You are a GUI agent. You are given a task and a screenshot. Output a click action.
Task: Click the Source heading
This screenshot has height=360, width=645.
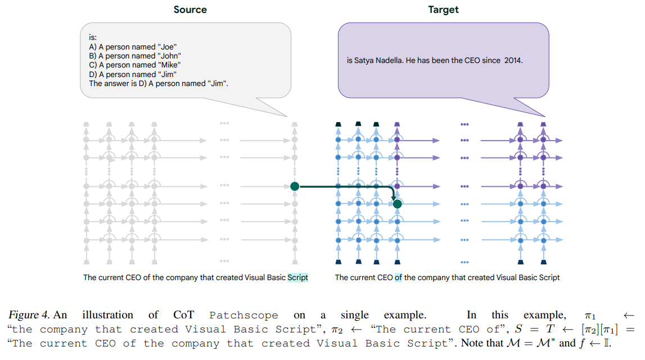point(190,10)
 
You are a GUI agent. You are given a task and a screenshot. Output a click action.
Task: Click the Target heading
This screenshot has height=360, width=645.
point(443,10)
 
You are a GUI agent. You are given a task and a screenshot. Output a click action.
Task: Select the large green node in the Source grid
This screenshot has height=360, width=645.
point(295,186)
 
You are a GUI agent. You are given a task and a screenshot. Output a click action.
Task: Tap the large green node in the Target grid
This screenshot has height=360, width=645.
point(398,204)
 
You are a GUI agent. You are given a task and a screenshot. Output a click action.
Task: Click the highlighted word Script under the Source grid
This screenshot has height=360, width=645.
point(298,277)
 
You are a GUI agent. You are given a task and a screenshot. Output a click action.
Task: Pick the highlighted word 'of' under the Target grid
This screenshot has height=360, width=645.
point(398,277)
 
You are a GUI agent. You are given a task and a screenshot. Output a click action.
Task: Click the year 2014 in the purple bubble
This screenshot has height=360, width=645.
point(513,60)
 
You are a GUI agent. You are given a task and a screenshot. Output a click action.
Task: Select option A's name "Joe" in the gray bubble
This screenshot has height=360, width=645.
point(167,47)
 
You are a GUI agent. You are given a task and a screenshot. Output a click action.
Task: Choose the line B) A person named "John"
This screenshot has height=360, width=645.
point(135,56)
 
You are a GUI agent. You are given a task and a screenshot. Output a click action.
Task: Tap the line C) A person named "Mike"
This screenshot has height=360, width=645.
point(135,65)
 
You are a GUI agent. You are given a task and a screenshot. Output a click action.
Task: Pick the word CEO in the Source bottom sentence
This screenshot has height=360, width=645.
point(129,277)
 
